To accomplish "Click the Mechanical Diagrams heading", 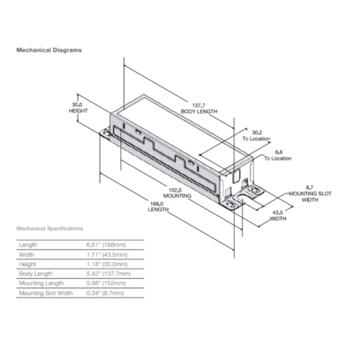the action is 49,50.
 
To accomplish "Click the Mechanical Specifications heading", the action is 50,228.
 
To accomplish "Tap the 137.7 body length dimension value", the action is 199,105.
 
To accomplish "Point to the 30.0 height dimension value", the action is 77,104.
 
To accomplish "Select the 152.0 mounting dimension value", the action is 175,190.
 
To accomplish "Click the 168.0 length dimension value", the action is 157,204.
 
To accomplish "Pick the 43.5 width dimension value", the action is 277,212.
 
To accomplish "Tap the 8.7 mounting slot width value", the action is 310,187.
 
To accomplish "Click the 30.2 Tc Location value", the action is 257,132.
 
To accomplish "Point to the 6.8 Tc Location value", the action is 279,152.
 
